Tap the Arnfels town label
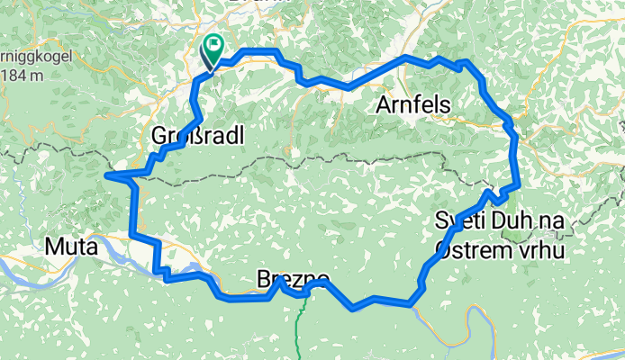[x=412, y=105]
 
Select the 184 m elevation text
[x=23, y=76]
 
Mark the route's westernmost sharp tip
[x=106, y=175]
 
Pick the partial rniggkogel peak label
[x=23, y=57]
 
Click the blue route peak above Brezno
[x=281, y=280]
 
